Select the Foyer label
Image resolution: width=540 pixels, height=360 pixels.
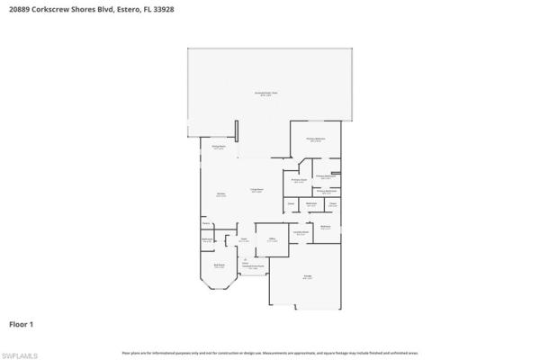(x=244, y=239)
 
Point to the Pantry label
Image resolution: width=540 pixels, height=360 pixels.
(x=206, y=222)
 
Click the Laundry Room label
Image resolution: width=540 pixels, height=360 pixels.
(x=301, y=232)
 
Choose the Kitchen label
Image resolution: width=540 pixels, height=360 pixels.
(x=220, y=194)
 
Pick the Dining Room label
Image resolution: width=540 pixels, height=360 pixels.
(x=218, y=146)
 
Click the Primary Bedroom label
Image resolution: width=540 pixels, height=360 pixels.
(x=315, y=139)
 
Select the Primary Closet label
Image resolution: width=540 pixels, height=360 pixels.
(x=299, y=180)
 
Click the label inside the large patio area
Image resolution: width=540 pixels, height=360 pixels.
(x=269, y=94)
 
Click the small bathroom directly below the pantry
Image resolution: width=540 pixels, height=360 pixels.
(x=207, y=239)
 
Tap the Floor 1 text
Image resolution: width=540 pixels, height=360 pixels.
(x=22, y=322)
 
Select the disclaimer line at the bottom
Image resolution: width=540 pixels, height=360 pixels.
(x=270, y=352)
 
